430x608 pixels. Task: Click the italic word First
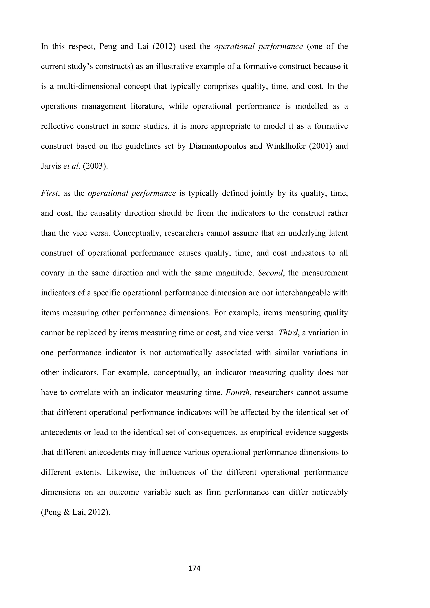[49, 193]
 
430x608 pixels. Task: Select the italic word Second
[270, 273]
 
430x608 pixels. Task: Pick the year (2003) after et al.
[95, 166]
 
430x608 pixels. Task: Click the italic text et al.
[71, 166]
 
